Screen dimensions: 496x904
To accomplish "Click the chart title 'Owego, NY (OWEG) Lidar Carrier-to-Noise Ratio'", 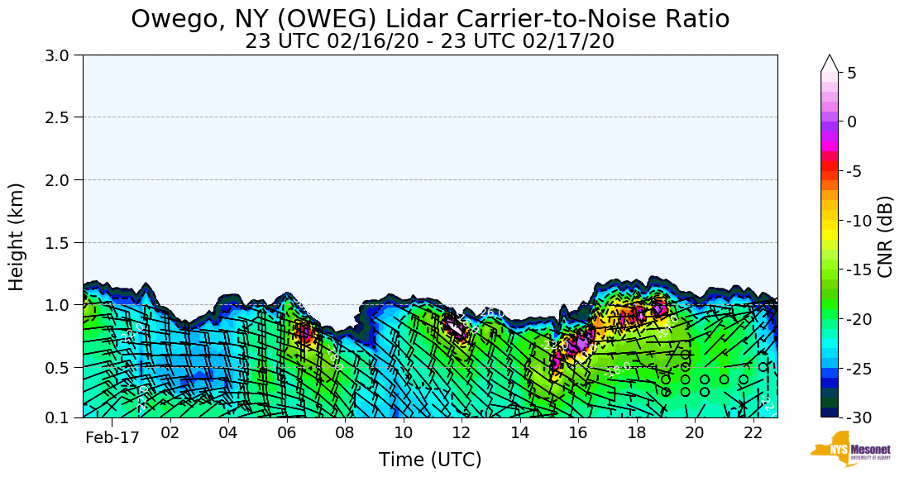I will (x=430, y=18).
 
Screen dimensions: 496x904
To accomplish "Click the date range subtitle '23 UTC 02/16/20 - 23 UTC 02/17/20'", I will (x=430, y=41).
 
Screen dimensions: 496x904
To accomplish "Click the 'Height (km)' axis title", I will (x=17, y=236).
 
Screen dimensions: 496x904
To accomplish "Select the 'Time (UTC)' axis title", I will (x=430, y=460).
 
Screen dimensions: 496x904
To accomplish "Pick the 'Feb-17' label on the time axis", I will (x=112, y=437).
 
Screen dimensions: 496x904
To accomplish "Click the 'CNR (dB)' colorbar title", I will (x=886, y=236).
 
